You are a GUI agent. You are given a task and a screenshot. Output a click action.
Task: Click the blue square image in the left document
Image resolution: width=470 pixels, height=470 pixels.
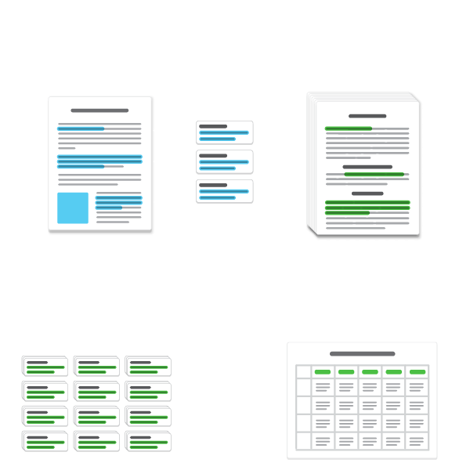73,208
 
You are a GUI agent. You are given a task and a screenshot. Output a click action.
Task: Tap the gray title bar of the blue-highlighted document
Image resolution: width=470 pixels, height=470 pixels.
99,110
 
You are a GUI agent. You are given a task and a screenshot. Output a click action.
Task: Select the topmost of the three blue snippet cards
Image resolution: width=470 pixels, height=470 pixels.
224,132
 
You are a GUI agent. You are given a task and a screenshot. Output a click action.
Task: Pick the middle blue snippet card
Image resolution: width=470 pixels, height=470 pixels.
224,162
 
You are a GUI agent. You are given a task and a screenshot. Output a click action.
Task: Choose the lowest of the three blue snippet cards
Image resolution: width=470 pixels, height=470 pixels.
224,191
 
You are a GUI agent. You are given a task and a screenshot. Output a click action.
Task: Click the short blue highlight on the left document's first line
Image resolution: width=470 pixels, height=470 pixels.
81,128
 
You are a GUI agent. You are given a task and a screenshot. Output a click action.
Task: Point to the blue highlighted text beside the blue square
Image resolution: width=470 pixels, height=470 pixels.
118,202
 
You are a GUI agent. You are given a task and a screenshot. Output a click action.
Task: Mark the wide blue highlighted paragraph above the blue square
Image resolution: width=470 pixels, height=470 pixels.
99,161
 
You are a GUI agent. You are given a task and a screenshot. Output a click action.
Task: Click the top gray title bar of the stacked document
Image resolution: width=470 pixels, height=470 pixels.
367,116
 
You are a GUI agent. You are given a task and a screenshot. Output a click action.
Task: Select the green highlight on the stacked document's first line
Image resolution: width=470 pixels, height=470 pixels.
349,128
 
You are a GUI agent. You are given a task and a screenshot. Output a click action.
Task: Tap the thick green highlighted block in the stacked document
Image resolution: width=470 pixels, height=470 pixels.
367,207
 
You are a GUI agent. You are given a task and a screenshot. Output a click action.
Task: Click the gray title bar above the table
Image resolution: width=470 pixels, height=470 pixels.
362,354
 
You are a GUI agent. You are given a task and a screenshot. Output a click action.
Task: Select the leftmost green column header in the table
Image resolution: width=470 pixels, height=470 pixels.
323,371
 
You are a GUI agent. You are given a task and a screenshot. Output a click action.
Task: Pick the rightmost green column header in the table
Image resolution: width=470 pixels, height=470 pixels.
417,371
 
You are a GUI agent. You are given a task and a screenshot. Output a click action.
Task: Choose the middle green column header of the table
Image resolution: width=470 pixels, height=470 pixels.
370,371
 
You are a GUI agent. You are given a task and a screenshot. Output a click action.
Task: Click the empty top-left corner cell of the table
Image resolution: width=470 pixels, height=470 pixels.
303,371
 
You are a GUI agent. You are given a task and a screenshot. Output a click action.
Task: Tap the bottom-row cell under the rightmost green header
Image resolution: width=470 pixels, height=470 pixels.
417,440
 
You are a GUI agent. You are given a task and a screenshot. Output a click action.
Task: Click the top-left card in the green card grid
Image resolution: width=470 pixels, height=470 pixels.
44,367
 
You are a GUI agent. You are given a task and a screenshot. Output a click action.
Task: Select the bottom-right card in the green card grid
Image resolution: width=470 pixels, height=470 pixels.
147,441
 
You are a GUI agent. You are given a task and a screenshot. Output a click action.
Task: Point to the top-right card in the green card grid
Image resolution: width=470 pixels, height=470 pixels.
147,367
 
